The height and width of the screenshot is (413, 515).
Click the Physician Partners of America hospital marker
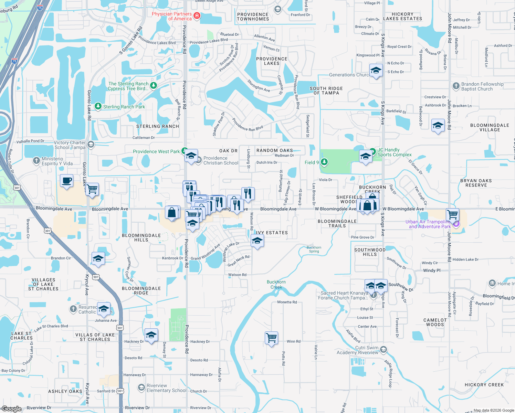[197, 16]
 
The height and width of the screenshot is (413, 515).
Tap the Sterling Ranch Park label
[124, 107]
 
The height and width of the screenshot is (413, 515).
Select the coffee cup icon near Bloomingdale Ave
[66, 180]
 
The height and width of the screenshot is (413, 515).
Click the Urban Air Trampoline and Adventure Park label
[428, 224]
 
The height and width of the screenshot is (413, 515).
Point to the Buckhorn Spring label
[314, 249]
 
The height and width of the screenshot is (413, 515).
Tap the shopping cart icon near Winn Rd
[271, 338]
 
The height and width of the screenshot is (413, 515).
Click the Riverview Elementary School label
[166, 388]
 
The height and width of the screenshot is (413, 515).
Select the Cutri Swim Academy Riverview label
[357, 350]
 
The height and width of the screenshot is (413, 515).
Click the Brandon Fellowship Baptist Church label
[482, 86]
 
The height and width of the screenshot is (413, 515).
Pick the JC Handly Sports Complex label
[394, 152]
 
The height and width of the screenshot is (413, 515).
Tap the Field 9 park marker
[324, 162]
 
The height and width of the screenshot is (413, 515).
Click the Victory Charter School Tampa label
[70, 145]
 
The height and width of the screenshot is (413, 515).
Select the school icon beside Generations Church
[376, 71]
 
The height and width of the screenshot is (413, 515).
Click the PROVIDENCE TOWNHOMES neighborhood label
[253, 17]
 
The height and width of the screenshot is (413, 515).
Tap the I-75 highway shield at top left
[40, 8]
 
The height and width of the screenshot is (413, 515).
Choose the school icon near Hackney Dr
[151, 335]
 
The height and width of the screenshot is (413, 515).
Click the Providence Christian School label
[221, 160]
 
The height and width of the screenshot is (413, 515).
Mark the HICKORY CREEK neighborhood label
[484, 385]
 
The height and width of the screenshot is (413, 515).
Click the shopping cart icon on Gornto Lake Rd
[92, 189]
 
